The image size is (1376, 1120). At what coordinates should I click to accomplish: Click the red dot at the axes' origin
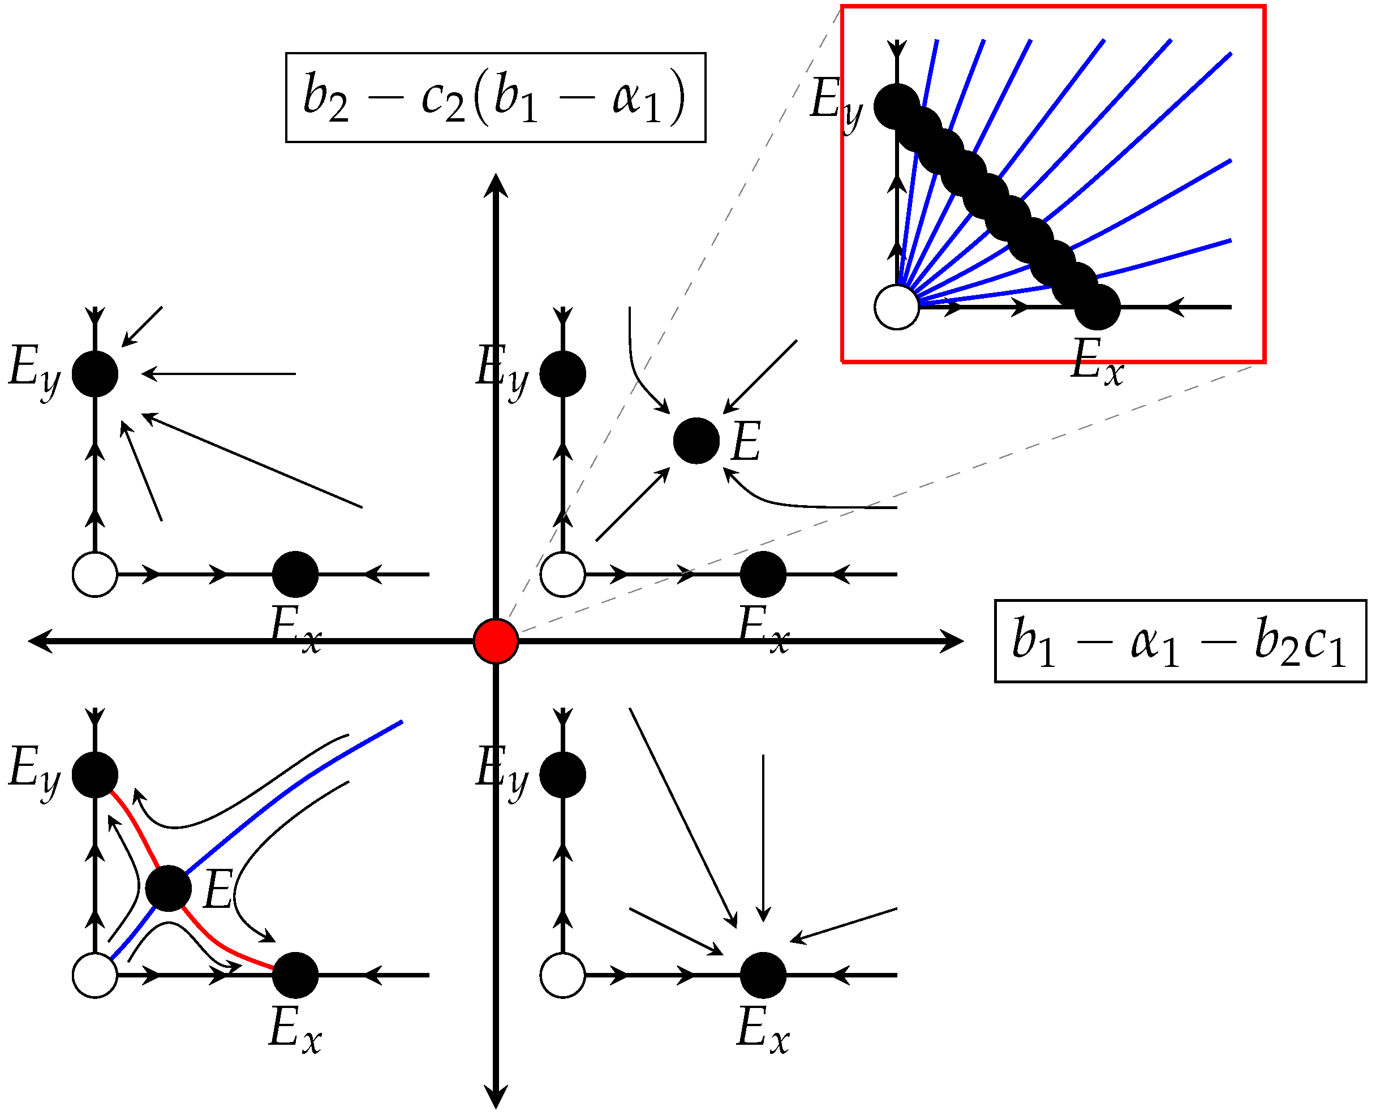click(x=496, y=641)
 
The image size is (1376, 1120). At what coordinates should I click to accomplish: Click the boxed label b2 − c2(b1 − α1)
click(x=496, y=97)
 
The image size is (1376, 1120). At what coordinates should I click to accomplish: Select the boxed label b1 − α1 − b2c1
click(x=1180, y=641)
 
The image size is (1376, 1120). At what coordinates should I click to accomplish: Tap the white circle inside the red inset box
click(x=896, y=307)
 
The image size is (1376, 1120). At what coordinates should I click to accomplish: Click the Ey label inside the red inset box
click(x=835, y=102)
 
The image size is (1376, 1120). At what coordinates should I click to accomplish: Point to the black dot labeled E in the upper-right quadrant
click(x=696, y=441)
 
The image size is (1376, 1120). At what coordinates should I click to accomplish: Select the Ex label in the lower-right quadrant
click(x=762, y=1029)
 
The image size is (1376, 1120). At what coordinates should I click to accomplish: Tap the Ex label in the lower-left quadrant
click(x=295, y=1029)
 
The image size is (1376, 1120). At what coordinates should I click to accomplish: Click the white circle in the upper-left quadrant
click(x=95, y=574)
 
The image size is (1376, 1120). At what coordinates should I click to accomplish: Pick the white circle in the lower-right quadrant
click(x=563, y=975)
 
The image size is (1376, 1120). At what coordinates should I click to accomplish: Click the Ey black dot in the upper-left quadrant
click(x=95, y=373)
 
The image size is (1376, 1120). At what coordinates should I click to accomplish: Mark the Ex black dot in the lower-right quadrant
click(x=763, y=975)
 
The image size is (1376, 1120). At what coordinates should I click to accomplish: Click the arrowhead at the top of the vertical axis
click(x=496, y=184)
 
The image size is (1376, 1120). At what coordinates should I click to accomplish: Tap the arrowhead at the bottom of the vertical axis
click(x=496, y=1097)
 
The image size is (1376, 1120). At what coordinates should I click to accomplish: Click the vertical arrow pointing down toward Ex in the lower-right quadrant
click(x=763, y=839)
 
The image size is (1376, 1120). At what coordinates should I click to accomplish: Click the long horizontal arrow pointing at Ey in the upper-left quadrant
click(x=220, y=373)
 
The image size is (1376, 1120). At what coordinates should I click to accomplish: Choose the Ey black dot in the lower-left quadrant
click(x=95, y=774)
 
